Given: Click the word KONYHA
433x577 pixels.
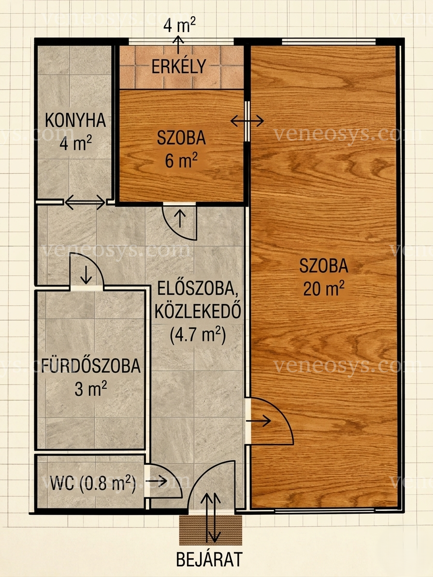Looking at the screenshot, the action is pos(75,120).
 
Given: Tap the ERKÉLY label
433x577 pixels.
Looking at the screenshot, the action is pos(179,67).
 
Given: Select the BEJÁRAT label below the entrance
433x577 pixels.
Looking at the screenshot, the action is pos(209,559).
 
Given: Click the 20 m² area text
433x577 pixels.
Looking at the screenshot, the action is pos(324,289).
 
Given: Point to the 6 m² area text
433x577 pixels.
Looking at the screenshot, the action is pos(181,161).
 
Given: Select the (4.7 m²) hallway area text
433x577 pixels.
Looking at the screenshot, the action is pos(198,335).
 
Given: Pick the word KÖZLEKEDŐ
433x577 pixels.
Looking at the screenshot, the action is pos(198,312).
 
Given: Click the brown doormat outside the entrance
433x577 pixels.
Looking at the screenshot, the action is pos(211,530).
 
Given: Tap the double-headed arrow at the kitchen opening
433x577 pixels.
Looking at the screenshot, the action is pos(85,202).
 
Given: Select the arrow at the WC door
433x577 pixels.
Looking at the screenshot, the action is pos(157,481).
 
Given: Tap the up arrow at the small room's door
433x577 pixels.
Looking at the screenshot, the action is pos(180,219).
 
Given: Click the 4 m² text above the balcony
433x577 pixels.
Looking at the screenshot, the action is pos(179,25).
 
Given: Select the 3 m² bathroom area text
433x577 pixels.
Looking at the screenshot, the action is pos(91,389).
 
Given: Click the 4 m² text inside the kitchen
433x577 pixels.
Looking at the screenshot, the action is pos(76,143).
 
